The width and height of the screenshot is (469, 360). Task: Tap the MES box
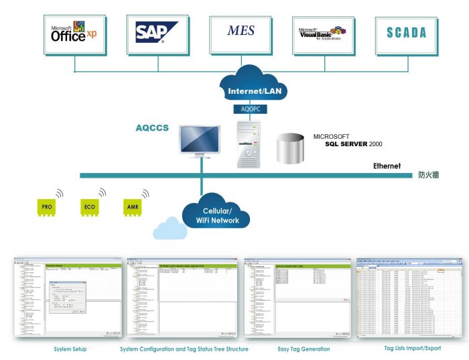241,31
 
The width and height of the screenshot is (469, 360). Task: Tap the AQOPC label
249,108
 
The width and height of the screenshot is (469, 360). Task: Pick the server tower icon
249,142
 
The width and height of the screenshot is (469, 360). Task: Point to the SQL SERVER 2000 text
354,143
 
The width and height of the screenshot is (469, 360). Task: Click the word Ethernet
387,166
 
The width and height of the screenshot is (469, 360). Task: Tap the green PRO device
47,207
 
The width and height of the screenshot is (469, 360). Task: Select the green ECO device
89,207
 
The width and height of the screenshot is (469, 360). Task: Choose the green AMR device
132,207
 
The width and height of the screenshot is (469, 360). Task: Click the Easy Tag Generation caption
304,349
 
